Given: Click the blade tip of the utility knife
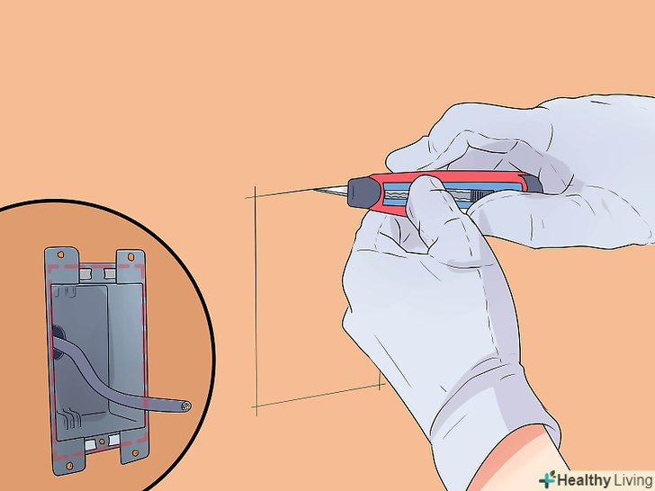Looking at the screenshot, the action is (x=314, y=190).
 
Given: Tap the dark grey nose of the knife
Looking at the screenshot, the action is (x=363, y=192).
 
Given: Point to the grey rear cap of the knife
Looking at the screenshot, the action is (x=533, y=184).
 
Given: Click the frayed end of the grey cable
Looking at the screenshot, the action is (x=186, y=406).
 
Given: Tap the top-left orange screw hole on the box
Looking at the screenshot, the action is (x=60, y=254).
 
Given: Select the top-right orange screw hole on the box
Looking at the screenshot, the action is (x=130, y=256).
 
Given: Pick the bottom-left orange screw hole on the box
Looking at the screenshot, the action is (x=69, y=466).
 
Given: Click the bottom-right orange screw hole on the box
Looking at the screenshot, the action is (x=135, y=453).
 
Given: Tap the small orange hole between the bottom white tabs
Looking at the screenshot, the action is (x=102, y=442).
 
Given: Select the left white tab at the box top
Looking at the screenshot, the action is (x=85, y=274).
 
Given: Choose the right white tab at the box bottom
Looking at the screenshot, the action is (x=114, y=440).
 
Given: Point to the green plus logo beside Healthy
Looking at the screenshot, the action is (x=547, y=479).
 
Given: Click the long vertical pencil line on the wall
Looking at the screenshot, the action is (x=256, y=300).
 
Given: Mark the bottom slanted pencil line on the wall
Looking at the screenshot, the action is (x=317, y=396).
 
